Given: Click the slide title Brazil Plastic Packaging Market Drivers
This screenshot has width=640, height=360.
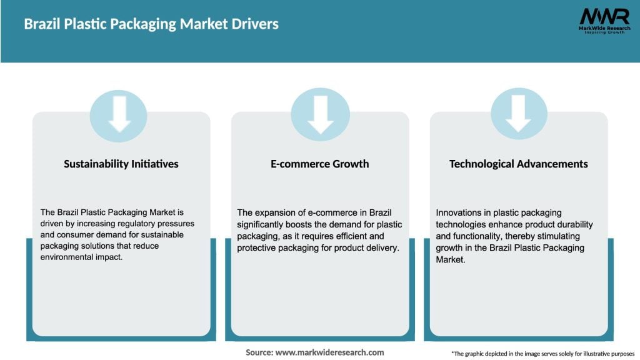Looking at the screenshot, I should pyautogui.click(x=151, y=24).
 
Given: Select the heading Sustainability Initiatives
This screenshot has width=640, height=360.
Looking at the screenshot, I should pyautogui.click(x=121, y=164).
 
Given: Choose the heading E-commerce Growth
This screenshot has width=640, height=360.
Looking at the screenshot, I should pyautogui.click(x=320, y=164).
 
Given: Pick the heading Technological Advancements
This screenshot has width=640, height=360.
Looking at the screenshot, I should pyautogui.click(x=519, y=164).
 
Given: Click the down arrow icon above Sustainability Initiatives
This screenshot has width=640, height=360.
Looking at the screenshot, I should pyautogui.click(x=119, y=115).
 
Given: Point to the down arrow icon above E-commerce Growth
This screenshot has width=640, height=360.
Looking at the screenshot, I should pyautogui.click(x=320, y=115).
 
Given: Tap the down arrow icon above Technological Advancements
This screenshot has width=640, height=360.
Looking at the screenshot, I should pyautogui.click(x=519, y=115).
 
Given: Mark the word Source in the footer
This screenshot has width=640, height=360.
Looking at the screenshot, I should pyautogui.click(x=259, y=352).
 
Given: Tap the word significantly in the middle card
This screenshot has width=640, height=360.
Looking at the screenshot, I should pyautogui.click(x=261, y=224).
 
